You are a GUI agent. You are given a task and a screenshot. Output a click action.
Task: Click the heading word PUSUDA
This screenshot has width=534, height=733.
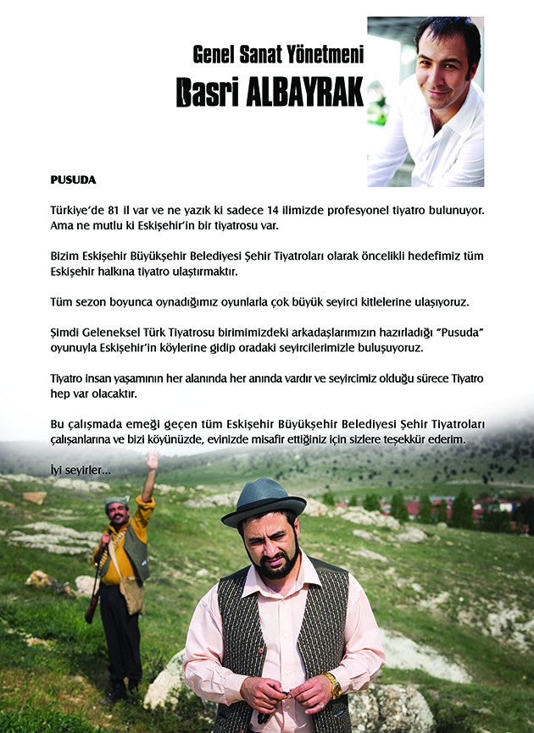73,180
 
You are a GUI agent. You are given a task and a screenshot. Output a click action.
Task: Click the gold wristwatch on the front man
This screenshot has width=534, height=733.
333,684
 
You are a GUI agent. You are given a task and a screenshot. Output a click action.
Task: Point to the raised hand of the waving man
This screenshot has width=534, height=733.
153,460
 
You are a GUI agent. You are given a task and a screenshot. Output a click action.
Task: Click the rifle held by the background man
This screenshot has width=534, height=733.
96,584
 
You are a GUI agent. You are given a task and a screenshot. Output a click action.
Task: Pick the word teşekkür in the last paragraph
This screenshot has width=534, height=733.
409,441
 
